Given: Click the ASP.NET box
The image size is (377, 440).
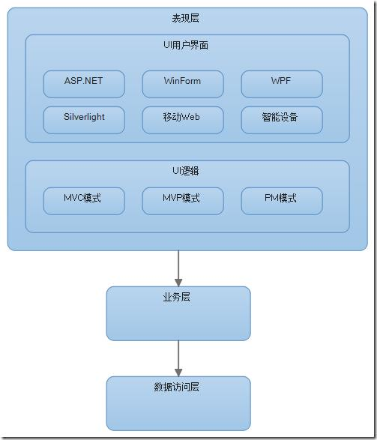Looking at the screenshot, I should tap(84, 83).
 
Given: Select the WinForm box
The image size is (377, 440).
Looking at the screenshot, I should tap(183, 83).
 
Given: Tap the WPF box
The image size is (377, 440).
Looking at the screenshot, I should tap(282, 83).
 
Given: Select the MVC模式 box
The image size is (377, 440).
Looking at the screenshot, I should tap(84, 200).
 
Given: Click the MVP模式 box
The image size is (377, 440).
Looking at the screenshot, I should tap(183, 200).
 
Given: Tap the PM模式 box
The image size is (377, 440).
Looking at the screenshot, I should tap(282, 200).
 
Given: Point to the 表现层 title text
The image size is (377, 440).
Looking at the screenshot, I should tap(186, 18).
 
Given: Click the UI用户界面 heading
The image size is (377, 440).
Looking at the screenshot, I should tap(186, 46).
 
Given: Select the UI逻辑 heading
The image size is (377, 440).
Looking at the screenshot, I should tap(186, 171).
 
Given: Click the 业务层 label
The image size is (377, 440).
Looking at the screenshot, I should tap(177, 298).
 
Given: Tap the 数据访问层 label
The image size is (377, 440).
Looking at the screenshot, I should tap(177, 388).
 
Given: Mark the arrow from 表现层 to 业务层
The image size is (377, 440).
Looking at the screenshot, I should tap(178, 266).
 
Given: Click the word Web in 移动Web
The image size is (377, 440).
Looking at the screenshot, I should tap(193, 118).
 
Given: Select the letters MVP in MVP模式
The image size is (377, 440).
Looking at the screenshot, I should tap(172, 199).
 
